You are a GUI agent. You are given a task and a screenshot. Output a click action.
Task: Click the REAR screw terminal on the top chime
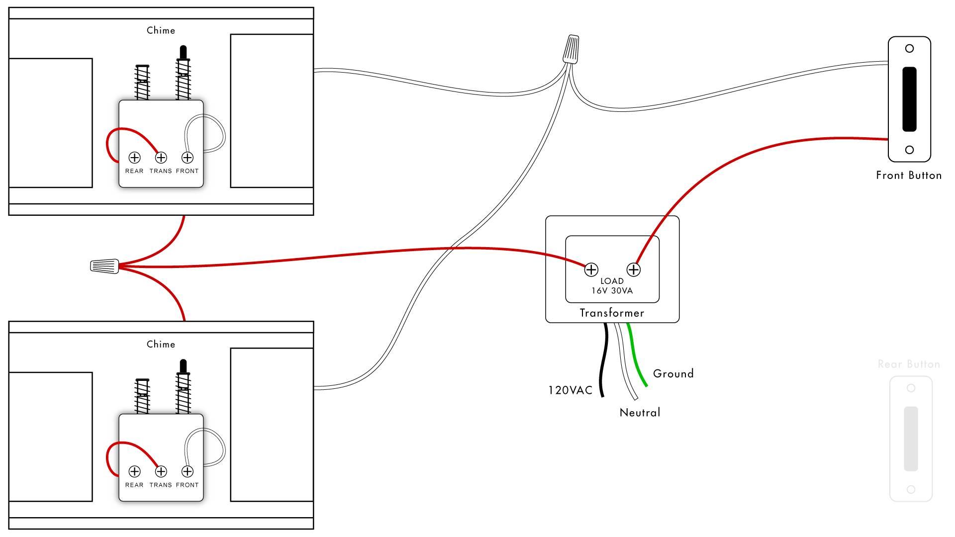pyautogui.click(x=134, y=158)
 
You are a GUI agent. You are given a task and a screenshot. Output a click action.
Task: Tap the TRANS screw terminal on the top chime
pyautogui.click(x=161, y=158)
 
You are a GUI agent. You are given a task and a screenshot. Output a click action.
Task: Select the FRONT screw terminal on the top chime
pyautogui.click(x=187, y=158)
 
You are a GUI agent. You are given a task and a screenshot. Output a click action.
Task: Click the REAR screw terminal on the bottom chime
pyautogui.click(x=134, y=471)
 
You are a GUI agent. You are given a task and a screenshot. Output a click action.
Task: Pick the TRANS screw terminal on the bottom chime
pyautogui.click(x=161, y=471)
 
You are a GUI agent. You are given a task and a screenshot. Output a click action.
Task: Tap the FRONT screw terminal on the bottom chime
pyautogui.click(x=187, y=471)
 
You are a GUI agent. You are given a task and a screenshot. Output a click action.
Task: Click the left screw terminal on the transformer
pyautogui.click(x=591, y=269)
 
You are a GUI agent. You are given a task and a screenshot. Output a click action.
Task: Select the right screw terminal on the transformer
pyautogui.click(x=633, y=269)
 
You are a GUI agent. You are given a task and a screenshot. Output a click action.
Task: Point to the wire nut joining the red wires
pyautogui.click(x=104, y=266)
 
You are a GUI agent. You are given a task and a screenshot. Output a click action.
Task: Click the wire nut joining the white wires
pyautogui.click(x=572, y=49)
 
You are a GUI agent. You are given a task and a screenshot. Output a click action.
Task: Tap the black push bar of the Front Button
pyautogui.click(x=909, y=99)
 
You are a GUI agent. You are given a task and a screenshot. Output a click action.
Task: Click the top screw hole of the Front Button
pyautogui.click(x=909, y=49)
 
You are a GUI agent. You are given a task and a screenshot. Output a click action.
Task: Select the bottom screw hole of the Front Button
pyautogui.click(x=909, y=150)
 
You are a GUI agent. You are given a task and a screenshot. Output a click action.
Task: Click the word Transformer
pyautogui.click(x=612, y=313)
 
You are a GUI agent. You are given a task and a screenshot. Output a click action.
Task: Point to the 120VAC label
pyautogui.click(x=571, y=390)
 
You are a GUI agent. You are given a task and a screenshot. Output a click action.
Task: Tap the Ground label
pyautogui.click(x=673, y=373)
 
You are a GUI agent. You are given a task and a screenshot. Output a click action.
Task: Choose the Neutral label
pyautogui.click(x=640, y=412)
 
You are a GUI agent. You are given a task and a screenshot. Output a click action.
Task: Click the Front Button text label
pyautogui.click(x=909, y=175)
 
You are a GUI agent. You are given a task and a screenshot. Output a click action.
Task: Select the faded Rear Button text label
pyautogui.click(x=909, y=364)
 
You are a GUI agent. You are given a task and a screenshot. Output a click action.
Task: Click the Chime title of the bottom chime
pyautogui.click(x=161, y=344)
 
